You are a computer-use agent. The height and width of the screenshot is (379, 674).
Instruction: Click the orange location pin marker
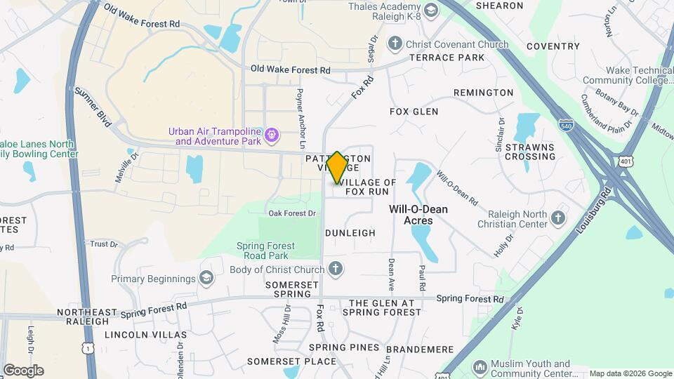[x=338, y=167]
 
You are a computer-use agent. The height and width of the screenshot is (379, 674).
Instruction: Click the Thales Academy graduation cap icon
[x=429, y=9]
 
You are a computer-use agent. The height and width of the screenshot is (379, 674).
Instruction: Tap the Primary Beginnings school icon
[x=206, y=279]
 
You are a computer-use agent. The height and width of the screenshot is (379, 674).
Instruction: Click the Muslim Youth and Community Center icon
[x=480, y=367]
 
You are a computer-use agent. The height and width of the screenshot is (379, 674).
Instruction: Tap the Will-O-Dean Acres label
[x=418, y=215]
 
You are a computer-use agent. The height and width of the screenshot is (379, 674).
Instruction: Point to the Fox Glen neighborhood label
[x=414, y=112]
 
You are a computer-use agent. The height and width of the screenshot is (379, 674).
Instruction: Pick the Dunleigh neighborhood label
[x=350, y=232]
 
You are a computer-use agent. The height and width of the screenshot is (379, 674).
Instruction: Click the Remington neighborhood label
[x=483, y=93]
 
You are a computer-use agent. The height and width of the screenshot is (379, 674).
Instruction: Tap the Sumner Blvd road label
[x=93, y=107]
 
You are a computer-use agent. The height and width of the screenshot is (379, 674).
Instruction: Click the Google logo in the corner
[x=23, y=370]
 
